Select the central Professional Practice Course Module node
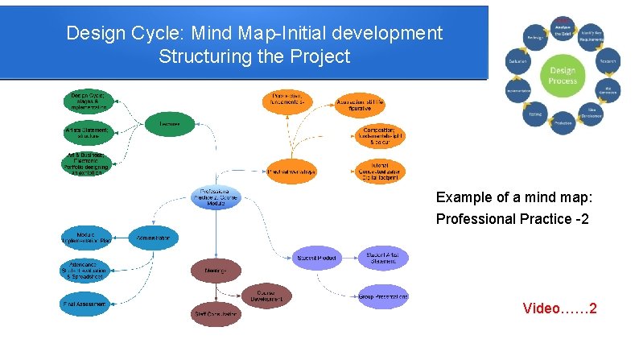click(214, 198)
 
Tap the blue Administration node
click(154, 238)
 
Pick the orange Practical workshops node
click(291, 171)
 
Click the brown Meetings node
click(215, 271)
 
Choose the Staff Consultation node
click(215, 313)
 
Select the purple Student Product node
click(316, 258)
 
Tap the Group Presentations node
click(383, 296)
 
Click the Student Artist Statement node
click(383, 258)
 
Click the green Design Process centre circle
click(563, 76)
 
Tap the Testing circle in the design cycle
click(534, 115)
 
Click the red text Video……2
click(559, 308)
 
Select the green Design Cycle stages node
click(88, 101)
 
